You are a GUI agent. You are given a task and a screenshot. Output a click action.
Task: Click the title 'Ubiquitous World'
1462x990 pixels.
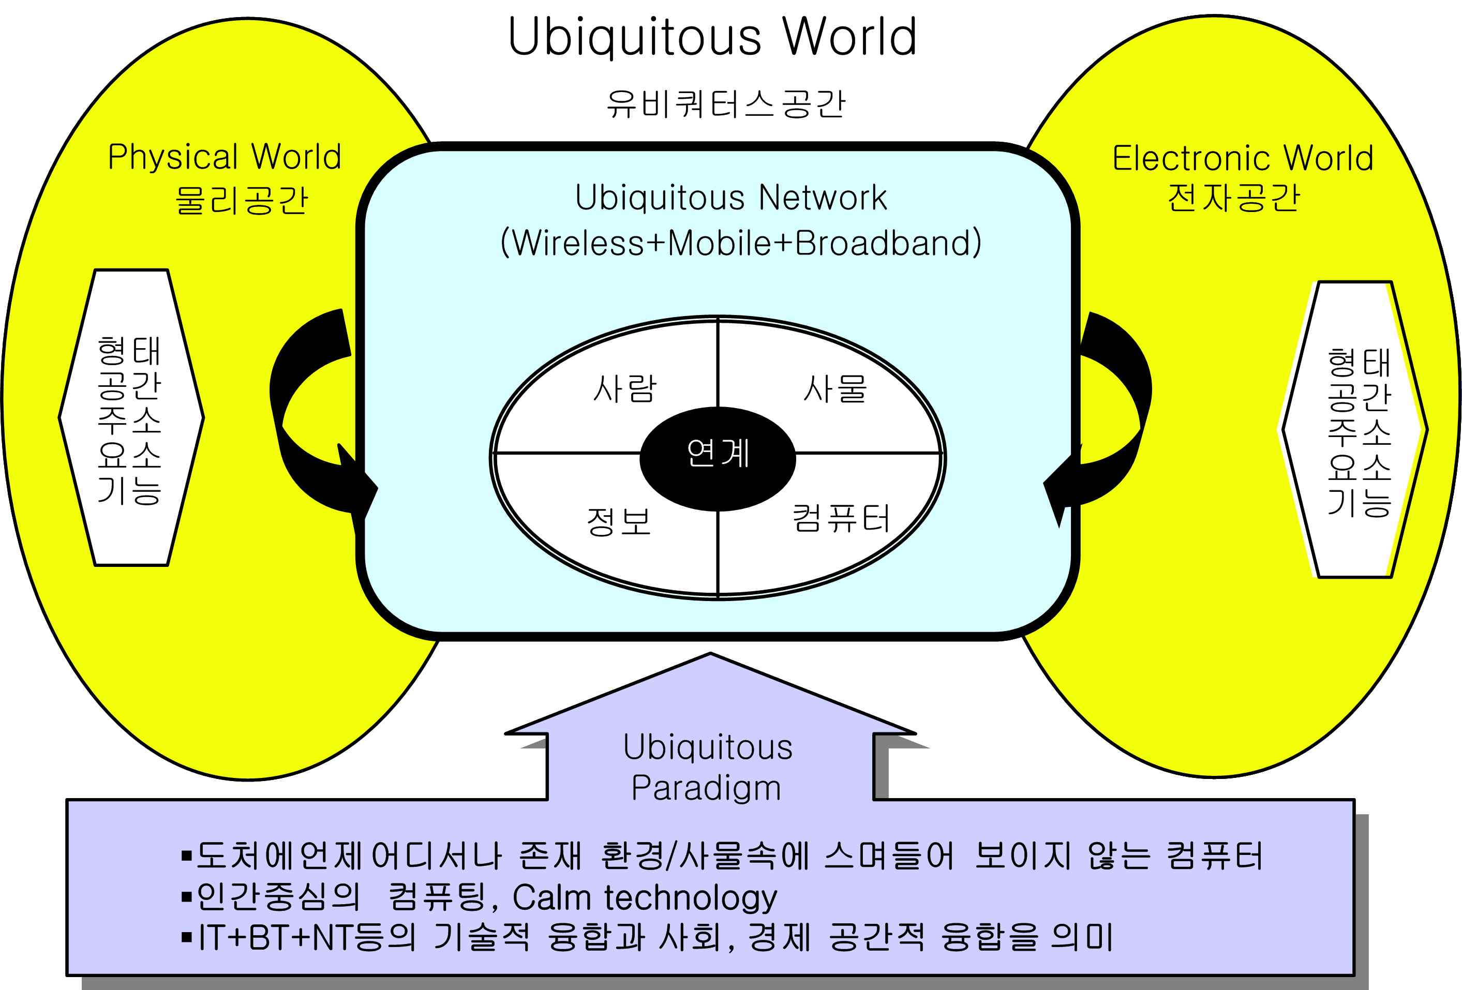(712, 38)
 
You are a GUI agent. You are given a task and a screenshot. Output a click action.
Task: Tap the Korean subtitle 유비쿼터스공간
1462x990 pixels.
(725, 104)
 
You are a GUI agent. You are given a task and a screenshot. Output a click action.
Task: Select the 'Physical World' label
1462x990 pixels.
(225, 157)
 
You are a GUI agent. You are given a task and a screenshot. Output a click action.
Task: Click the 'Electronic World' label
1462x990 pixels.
(1243, 158)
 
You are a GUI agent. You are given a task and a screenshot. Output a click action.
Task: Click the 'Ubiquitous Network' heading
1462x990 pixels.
(730, 198)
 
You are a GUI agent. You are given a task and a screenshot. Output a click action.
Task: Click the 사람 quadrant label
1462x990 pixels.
(624, 388)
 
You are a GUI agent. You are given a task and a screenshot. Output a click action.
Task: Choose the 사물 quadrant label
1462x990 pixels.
(835, 388)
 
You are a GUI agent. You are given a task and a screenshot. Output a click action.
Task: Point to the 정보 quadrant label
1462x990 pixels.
(618, 521)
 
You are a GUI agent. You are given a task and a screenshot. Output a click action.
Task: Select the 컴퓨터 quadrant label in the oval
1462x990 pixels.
(841, 519)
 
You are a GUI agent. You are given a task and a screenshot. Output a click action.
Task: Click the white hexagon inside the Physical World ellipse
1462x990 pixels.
(131, 417)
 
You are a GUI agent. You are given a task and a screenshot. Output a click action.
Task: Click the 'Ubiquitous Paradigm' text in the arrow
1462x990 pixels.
(708, 768)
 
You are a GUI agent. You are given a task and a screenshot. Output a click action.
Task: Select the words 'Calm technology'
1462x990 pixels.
(645, 897)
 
